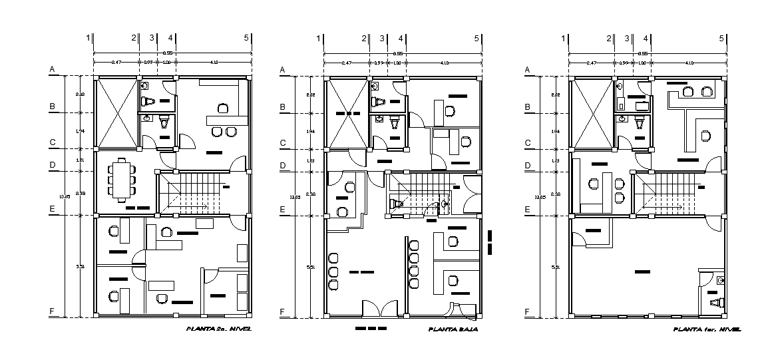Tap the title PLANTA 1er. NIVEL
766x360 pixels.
tap(706, 329)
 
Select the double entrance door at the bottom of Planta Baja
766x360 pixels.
tap(379, 309)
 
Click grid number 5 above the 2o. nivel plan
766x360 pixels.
tap(246, 39)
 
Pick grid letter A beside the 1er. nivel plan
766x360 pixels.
tap(528, 69)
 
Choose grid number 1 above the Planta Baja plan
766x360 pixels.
tap(319, 39)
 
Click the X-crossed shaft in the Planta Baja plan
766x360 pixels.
tap(347, 114)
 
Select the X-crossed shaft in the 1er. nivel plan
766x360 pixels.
tap(591, 114)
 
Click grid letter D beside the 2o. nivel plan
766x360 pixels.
tap(51, 165)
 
